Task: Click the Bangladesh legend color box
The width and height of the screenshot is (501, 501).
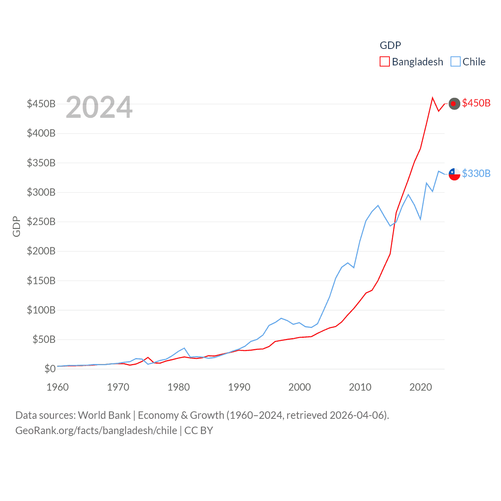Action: (384, 62)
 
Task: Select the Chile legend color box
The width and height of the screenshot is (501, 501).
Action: (455, 62)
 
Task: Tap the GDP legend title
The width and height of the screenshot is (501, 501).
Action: (390, 45)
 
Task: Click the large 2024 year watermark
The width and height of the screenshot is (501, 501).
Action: (99, 107)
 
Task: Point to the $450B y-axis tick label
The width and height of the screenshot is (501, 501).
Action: (41, 104)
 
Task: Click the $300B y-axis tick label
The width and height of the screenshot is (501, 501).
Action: (41, 192)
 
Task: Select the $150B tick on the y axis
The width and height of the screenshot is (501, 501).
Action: (41, 281)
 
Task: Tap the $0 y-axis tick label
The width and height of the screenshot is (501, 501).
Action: (50, 369)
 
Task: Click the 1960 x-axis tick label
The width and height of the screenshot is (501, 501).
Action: (58, 387)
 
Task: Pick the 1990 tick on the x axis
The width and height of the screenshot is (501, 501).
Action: (239, 387)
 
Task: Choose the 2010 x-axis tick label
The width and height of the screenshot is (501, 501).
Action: (360, 387)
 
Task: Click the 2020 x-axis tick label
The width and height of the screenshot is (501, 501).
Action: (421, 387)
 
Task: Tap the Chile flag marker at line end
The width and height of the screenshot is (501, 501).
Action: (454, 174)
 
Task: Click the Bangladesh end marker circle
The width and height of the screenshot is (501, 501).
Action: (454, 104)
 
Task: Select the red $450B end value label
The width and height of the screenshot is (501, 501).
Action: (476, 103)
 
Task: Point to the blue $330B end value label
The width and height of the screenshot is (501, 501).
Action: (476, 173)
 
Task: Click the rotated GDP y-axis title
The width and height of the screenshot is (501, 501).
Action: (16, 226)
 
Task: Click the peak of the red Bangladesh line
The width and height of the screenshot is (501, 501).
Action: (433, 98)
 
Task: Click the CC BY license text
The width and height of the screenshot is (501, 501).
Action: (198, 431)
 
